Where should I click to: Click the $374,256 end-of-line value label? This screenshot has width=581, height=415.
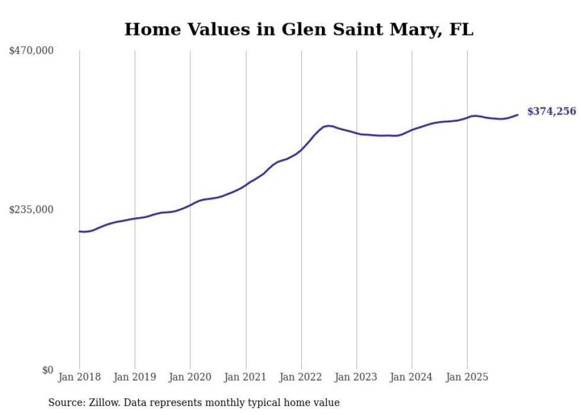coord(551,111)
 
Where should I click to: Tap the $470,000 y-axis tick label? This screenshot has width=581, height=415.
coord(31,51)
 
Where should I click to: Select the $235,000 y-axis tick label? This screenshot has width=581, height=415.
coord(31,210)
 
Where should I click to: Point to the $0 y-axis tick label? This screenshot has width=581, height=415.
coord(47,370)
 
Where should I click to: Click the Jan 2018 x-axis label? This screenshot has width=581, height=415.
coord(79,377)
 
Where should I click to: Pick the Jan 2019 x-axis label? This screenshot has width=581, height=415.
coord(135,377)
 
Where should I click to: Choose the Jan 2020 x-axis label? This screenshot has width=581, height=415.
coord(190,377)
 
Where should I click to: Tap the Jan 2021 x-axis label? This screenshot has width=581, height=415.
coord(245,377)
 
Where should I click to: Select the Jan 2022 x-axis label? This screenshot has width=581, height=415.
coord(301,377)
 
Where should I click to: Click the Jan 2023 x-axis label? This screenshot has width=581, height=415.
coord(356,377)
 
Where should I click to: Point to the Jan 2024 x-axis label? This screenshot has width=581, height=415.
coord(412,377)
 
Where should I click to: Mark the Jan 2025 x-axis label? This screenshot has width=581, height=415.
coord(467,377)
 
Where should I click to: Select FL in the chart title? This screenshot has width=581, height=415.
coord(462,30)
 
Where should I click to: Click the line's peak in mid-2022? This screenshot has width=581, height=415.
coord(328,125)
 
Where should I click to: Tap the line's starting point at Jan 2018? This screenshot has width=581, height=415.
coord(79,231)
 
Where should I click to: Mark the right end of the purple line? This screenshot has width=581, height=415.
coord(518,115)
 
